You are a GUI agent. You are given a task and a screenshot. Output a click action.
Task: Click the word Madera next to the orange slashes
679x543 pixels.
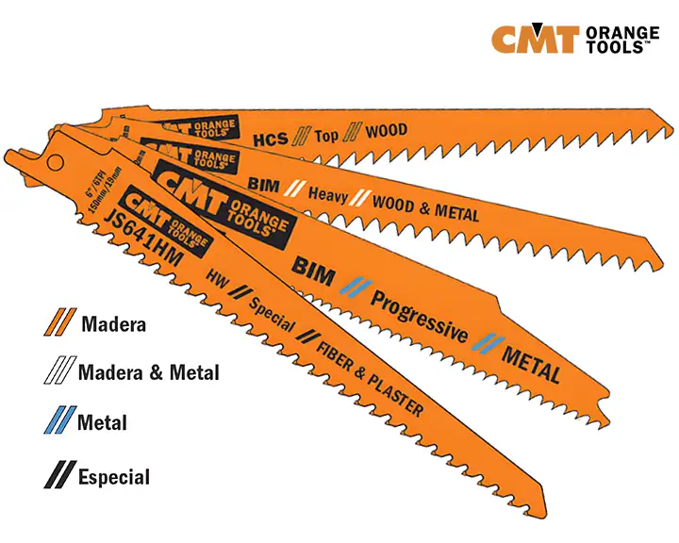click(113, 325)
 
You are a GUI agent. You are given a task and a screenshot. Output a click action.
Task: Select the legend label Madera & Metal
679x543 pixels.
click(148, 372)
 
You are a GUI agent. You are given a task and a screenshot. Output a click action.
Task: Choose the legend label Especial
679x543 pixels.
click(114, 476)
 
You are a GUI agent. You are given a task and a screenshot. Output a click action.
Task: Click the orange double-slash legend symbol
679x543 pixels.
click(60, 323)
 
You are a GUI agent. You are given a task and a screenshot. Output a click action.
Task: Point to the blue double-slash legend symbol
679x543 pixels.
click(60, 420)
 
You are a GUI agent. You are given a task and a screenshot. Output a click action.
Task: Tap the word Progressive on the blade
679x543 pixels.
click(419, 318)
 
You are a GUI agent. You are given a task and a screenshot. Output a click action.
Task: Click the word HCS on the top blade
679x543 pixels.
click(270, 139)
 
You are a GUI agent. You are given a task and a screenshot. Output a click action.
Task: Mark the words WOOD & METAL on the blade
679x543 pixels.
click(426, 207)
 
